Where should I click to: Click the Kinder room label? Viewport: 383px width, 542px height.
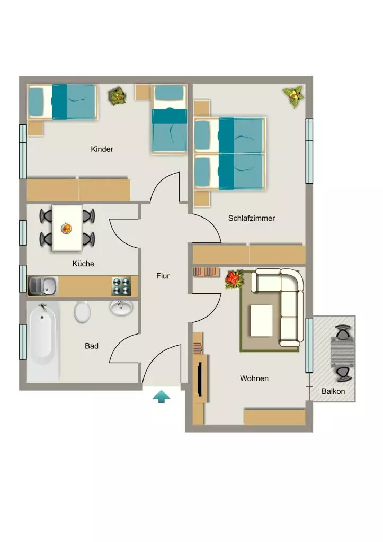[x=102, y=149]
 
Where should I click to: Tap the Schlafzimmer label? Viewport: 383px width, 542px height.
[x=252, y=218]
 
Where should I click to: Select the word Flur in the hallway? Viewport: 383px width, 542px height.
[x=163, y=276]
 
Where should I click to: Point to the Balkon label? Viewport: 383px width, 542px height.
[x=333, y=391]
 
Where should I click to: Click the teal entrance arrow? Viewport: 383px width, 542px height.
[x=162, y=396]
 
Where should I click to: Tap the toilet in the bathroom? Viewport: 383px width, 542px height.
[x=82, y=311]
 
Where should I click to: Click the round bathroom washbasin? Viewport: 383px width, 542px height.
[x=121, y=308]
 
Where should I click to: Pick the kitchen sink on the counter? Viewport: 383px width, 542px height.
[x=42, y=286]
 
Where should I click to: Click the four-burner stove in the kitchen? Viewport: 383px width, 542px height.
[x=121, y=286]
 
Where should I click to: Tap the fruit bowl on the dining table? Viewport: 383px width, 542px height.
[x=66, y=228]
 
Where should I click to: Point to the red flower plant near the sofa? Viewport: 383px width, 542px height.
[x=235, y=279]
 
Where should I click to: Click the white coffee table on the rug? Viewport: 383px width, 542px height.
[x=261, y=320]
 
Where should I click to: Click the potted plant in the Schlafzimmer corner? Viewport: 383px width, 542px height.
[x=293, y=96]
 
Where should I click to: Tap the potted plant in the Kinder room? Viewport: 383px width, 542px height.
[x=117, y=96]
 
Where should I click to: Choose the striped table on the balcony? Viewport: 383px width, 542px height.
[x=343, y=352]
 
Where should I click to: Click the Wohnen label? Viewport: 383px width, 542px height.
[x=254, y=378]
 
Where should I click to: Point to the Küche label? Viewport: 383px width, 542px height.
[x=83, y=264]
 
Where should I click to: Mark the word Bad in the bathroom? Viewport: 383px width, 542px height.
[x=92, y=346]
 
